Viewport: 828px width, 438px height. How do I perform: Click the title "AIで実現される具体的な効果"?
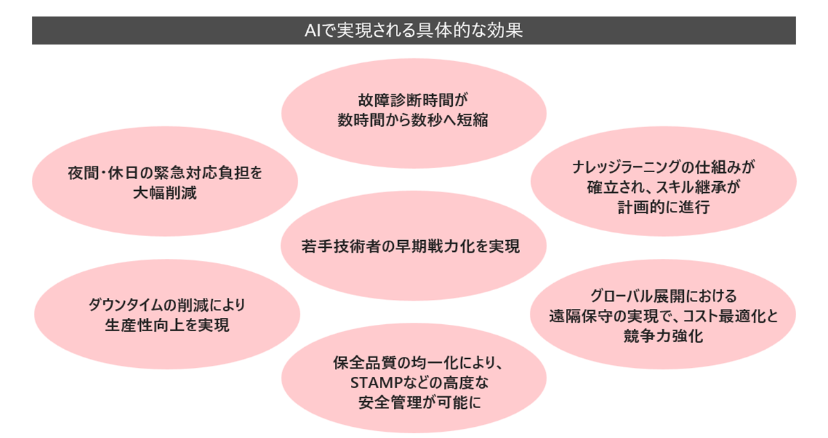pos(413,31)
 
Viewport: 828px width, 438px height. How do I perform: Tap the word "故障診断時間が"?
pos(413,100)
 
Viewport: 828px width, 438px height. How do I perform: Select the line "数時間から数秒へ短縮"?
pos(413,119)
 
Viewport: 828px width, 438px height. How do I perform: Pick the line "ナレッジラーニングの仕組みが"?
pos(663,167)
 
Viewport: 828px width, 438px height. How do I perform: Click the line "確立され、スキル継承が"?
pos(663,187)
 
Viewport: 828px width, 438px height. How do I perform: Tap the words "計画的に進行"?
pos(663,207)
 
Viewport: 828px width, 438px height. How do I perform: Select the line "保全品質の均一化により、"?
pos(413,363)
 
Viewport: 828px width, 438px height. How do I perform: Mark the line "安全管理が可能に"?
pos(413,403)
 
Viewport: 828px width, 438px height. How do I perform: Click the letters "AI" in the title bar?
pos(313,31)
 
